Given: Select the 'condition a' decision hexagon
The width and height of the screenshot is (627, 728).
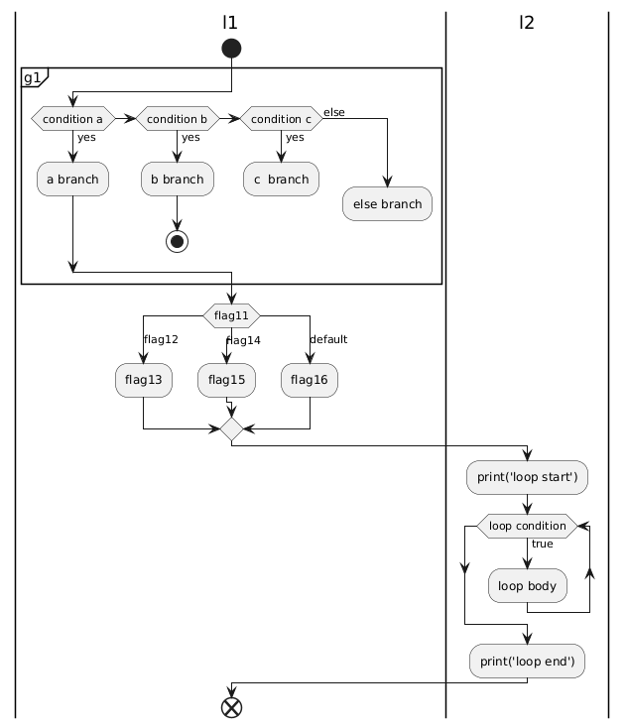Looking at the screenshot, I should pos(72,119).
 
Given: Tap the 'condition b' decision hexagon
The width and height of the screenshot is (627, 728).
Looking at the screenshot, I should pos(177,119).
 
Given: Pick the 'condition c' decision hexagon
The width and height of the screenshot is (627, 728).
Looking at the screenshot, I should pos(281,119).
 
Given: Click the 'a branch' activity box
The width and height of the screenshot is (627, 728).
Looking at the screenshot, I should pos(72,179).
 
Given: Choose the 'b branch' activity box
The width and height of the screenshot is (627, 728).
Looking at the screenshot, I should pos(177,179).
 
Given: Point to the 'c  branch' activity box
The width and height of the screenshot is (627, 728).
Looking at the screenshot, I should pos(281,179).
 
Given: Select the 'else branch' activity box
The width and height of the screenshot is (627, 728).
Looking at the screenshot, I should pos(387,203).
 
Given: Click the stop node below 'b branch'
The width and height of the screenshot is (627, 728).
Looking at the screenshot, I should pos(177,241).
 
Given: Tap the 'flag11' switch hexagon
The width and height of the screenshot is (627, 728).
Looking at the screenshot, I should pos(231,315).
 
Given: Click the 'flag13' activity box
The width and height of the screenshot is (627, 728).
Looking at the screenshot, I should pos(144,379).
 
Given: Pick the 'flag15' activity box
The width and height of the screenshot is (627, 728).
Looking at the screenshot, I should pos(227,379).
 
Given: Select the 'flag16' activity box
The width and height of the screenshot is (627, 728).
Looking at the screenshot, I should pos(311,379).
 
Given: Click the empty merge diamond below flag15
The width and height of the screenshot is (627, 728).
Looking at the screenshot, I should pos(231,428).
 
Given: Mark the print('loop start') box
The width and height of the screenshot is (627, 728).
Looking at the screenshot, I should pos(527,477).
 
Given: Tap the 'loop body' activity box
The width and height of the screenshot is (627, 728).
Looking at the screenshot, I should pos(527,585).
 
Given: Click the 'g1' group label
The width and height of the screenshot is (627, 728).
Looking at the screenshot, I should pos(33,76).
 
